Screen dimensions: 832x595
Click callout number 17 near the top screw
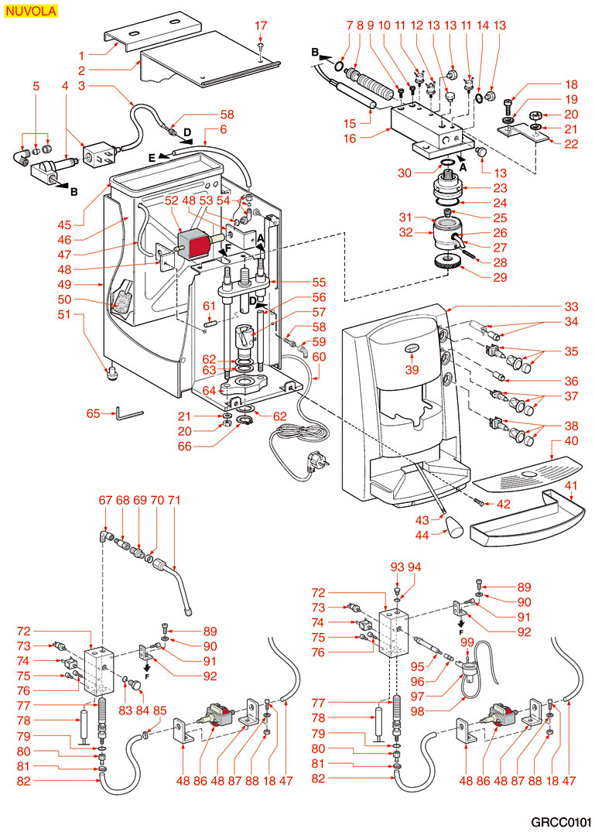click(x=260, y=26)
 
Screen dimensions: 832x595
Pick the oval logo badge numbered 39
click(x=411, y=350)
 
